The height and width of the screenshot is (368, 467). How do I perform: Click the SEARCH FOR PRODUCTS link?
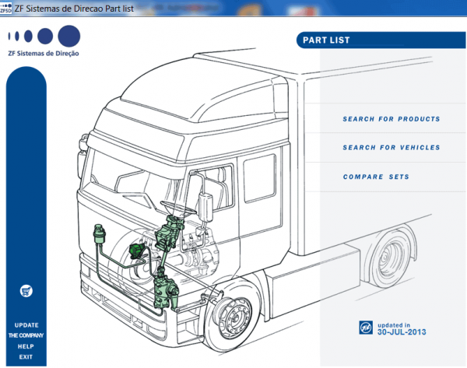tap(391, 119)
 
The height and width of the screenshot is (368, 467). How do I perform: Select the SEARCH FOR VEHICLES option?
tap(391, 147)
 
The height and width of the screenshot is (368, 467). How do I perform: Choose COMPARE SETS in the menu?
tap(376, 177)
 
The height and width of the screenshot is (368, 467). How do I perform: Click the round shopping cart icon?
tap(26, 290)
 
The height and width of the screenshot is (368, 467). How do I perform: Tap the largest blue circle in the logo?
tap(68, 36)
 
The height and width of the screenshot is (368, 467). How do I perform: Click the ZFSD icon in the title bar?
tap(6, 7)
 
